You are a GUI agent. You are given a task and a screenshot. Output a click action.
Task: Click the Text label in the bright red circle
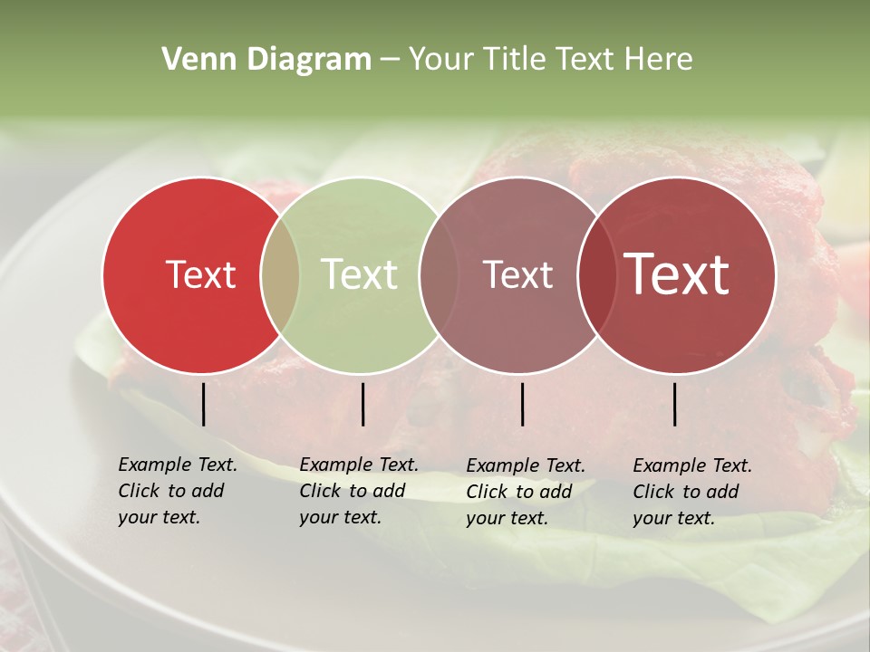[200, 274]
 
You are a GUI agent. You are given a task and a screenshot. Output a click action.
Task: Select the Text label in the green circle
[360, 274]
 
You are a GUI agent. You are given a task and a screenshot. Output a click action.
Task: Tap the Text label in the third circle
[517, 274]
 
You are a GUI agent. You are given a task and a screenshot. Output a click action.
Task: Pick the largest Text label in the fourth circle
[677, 274]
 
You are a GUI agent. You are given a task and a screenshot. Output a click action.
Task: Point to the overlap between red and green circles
[280, 274]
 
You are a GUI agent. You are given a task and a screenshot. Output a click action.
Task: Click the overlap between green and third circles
[439, 274]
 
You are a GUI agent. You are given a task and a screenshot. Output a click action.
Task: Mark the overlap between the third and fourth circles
[596, 274]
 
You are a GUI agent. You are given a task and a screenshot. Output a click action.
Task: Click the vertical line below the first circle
[204, 404]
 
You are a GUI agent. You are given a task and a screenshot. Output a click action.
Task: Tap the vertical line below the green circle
[362, 404]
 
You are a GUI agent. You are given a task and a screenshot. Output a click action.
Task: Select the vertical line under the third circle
[522, 404]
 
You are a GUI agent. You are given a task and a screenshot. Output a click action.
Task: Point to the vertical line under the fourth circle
[675, 404]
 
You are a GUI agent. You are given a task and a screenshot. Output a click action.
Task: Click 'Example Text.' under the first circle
[178, 465]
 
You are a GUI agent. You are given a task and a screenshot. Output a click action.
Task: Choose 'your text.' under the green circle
[340, 517]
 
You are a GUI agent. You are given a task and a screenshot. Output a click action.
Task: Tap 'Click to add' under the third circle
[519, 492]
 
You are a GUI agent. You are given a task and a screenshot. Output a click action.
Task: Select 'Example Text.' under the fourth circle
[692, 465]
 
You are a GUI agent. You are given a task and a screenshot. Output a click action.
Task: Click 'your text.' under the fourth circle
[673, 518]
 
